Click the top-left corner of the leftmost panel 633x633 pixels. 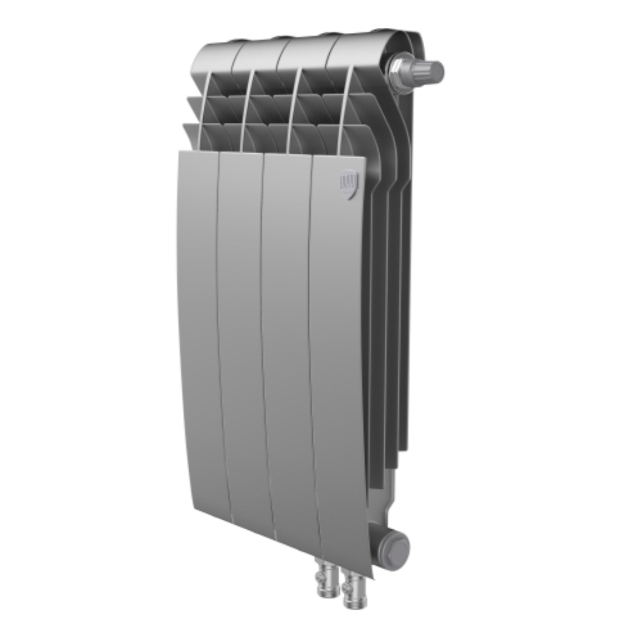[180, 152]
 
